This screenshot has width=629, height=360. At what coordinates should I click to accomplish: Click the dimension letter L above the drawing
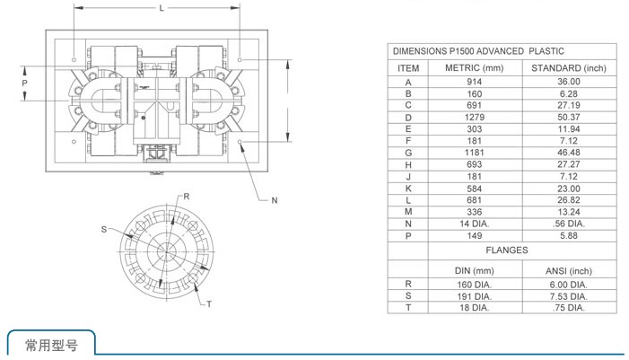pos(162,8)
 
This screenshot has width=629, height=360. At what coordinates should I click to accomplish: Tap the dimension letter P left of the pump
pos(25,83)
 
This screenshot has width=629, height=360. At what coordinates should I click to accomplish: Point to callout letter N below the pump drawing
pos(275,200)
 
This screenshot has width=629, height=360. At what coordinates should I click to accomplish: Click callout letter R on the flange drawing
pos(187,197)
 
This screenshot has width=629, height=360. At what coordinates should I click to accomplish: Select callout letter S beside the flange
pos(104,229)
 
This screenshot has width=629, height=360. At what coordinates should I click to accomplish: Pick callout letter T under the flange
pos(209,303)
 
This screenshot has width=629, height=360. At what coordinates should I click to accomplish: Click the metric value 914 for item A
pos(474,82)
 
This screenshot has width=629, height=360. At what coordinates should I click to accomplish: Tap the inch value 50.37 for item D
pos(569,118)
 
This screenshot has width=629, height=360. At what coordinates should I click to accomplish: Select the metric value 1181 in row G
pos(474,153)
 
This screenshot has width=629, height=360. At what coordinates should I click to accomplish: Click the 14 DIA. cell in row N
pos(474,224)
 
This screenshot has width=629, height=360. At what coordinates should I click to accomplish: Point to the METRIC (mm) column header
pos(474,68)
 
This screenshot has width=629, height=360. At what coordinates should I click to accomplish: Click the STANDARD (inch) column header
pos(569,68)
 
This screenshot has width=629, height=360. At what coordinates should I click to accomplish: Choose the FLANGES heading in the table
pos(507,250)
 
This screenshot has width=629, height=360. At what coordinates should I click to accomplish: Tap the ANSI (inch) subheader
pos(569,271)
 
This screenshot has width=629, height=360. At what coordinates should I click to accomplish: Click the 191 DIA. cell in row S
pos(474,296)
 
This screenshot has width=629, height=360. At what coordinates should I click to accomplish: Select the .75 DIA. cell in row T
pos(569,307)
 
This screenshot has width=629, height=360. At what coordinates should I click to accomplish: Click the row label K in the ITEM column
pos(408,189)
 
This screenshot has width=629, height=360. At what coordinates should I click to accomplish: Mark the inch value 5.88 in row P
pos(569,235)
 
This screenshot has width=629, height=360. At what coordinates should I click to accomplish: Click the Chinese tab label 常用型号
pos(51,345)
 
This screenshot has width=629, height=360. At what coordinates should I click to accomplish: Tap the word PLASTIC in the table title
pos(546,51)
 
